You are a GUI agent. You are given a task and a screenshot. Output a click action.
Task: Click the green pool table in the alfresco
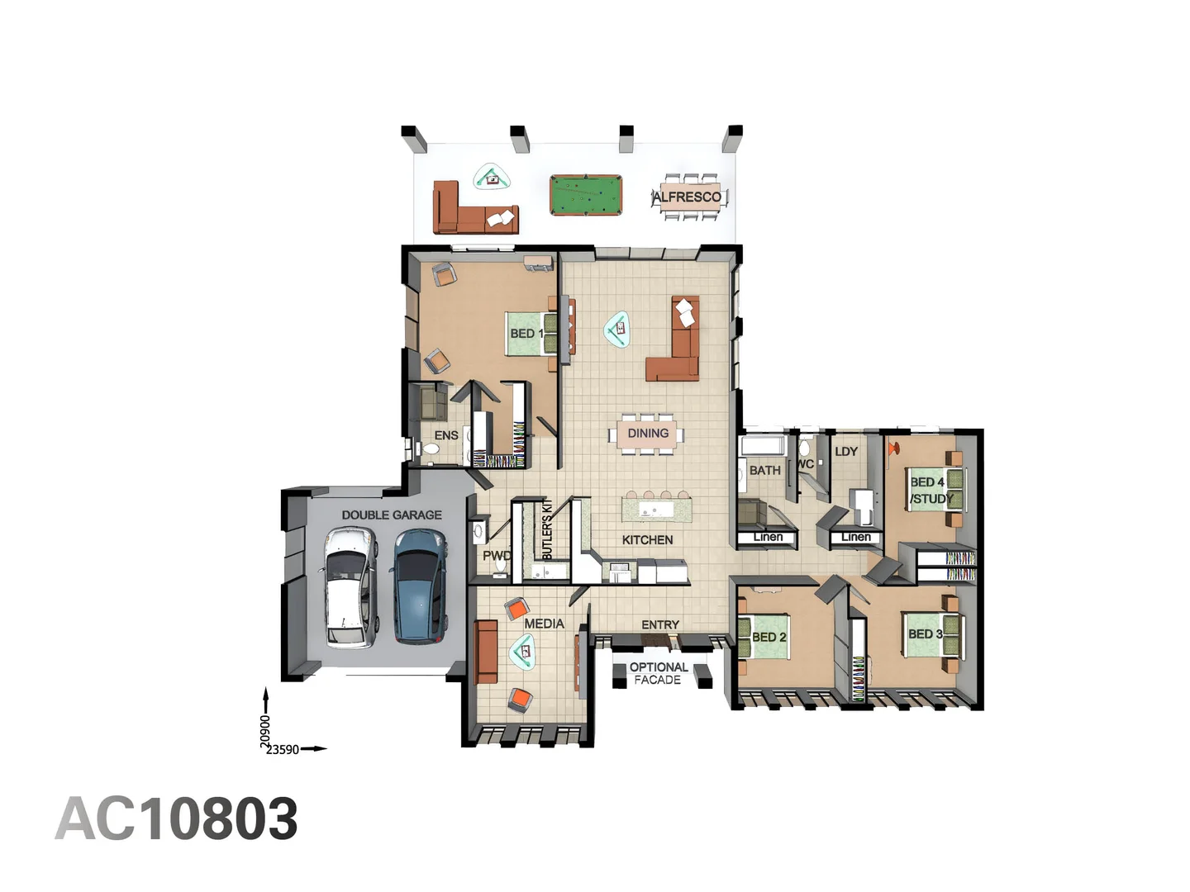585,196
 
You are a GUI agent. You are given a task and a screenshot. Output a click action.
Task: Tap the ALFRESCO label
688,197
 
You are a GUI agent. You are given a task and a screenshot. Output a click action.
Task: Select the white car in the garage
350,586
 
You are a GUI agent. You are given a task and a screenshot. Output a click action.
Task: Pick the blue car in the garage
419,585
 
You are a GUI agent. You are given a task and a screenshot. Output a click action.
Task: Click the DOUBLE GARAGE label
392,515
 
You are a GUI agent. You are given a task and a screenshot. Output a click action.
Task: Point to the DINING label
648,433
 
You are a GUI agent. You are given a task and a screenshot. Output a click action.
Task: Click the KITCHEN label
647,539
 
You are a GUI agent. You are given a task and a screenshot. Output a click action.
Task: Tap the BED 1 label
526,333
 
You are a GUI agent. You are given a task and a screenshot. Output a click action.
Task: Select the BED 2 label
769,637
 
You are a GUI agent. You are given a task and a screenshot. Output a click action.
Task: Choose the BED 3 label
925,633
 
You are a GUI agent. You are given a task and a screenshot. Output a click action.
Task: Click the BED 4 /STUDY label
930,490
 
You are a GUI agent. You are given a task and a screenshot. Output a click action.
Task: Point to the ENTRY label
660,624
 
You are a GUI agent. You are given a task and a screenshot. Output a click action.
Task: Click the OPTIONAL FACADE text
658,673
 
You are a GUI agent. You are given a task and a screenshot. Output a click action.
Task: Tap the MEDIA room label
544,623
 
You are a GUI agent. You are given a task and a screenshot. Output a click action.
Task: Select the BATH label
764,470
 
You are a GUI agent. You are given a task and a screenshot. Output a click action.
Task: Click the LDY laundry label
846,451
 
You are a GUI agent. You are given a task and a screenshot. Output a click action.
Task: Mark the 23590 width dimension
282,749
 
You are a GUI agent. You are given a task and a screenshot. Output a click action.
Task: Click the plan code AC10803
176,818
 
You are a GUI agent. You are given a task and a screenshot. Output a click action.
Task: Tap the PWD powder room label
496,556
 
